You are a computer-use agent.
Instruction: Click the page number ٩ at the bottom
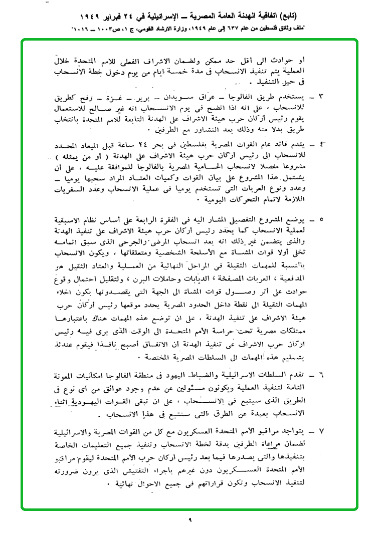190,520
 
